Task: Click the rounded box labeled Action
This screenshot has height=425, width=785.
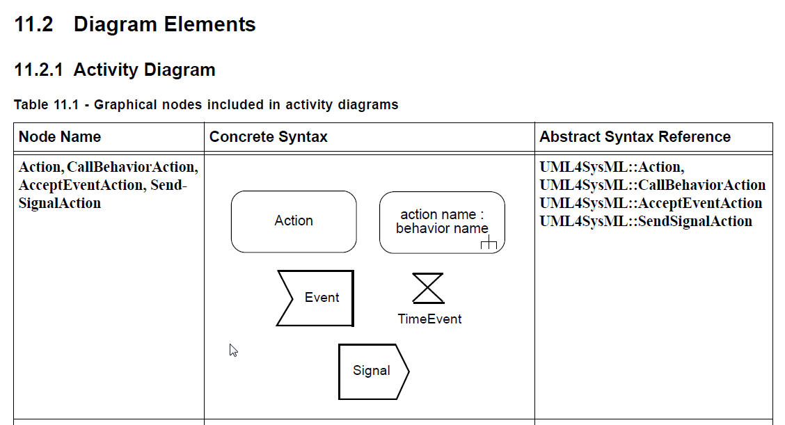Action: [x=294, y=221]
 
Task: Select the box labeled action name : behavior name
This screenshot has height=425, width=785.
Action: [x=442, y=221]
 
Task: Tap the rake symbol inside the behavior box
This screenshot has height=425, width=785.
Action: [x=489, y=243]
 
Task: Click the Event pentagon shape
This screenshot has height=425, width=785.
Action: [x=317, y=298]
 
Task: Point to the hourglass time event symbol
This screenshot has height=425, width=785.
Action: [x=428, y=288]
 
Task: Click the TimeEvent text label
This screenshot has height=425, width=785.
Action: [x=429, y=319]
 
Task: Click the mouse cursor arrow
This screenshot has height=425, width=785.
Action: [x=233, y=350]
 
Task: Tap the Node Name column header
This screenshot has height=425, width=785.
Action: [x=60, y=137]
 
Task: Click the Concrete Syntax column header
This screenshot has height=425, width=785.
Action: [x=268, y=137]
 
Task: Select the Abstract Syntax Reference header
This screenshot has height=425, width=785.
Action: [x=635, y=137]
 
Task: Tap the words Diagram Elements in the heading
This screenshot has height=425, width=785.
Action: [x=164, y=25]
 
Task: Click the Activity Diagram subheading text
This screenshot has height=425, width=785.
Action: [x=144, y=70]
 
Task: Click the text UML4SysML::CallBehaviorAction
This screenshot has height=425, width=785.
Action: [x=652, y=185]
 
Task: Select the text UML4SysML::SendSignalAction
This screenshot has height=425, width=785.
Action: [x=645, y=221]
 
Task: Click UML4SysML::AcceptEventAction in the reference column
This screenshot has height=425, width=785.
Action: [x=650, y=203]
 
